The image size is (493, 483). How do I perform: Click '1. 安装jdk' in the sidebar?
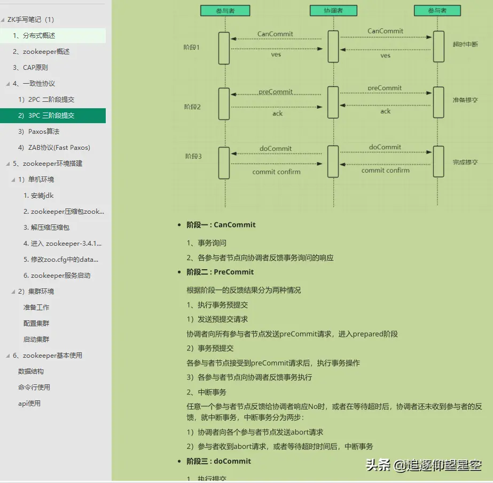coord(38,196)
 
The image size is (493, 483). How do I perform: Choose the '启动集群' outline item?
coord(36,340)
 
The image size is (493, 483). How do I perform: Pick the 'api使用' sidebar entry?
coord(29,404)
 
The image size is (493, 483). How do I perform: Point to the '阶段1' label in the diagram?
coord(191,47)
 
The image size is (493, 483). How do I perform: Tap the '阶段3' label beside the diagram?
coord(193,156)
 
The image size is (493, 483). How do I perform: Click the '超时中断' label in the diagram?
coord(465,44)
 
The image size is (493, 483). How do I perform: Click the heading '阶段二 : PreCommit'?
coord(220,272)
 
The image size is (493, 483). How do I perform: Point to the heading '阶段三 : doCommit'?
coord(218,461)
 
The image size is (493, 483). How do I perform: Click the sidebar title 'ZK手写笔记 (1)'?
coord(31,20)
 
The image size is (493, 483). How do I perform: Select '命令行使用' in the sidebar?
coord(34,388)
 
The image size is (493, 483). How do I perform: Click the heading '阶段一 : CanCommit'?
coord(221,225)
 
